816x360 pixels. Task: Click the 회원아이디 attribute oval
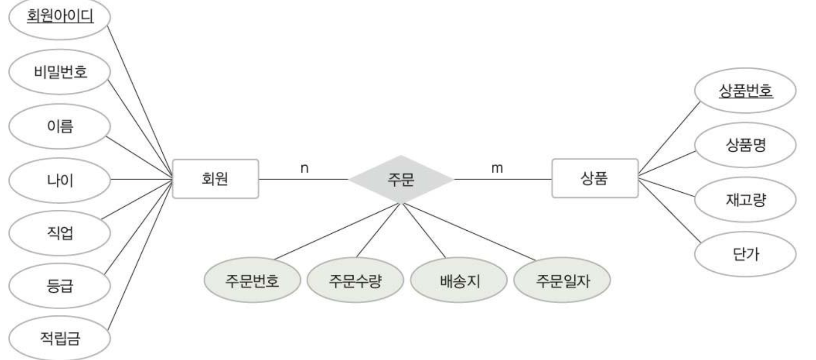point(60,17)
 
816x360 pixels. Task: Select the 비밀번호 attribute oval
point(60,72)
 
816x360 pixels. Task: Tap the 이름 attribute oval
point(60,126)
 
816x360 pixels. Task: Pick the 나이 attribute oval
point(60,180)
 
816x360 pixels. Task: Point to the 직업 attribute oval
point(60,233)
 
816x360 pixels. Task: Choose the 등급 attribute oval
point(60,286)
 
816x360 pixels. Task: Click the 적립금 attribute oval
point(60,339)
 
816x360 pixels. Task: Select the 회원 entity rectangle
point(216,179)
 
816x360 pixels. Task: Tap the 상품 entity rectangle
point(595,178)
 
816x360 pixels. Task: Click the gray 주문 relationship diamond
point(401,179)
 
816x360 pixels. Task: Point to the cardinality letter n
point(304,168)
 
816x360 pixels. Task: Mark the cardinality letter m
point(497,168)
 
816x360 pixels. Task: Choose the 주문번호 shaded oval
point(252,281)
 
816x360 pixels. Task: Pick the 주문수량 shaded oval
point(355,281)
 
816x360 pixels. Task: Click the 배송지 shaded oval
point(459,281)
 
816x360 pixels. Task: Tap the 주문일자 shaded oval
point(562,281)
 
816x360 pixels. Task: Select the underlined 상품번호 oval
point(745,92)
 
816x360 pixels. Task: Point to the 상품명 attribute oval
point(745,146)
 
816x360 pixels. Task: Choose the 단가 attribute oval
point(745,254)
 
